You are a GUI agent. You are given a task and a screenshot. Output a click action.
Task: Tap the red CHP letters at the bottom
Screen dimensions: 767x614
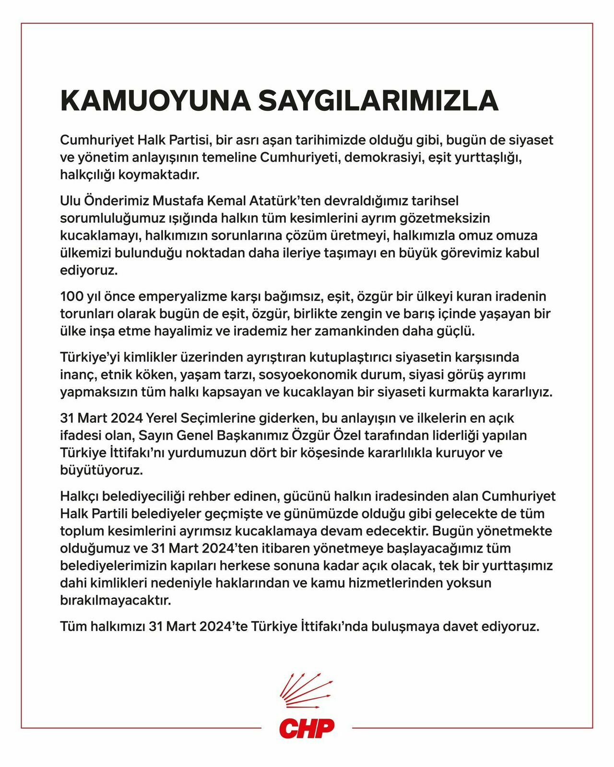point(307,729)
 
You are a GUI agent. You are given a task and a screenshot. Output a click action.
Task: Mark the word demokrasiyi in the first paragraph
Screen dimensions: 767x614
point(383,157)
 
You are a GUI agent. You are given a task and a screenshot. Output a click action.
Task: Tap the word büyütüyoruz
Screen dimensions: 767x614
point(102,470)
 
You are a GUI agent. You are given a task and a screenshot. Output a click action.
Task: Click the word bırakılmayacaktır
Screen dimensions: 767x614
point(115,600)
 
